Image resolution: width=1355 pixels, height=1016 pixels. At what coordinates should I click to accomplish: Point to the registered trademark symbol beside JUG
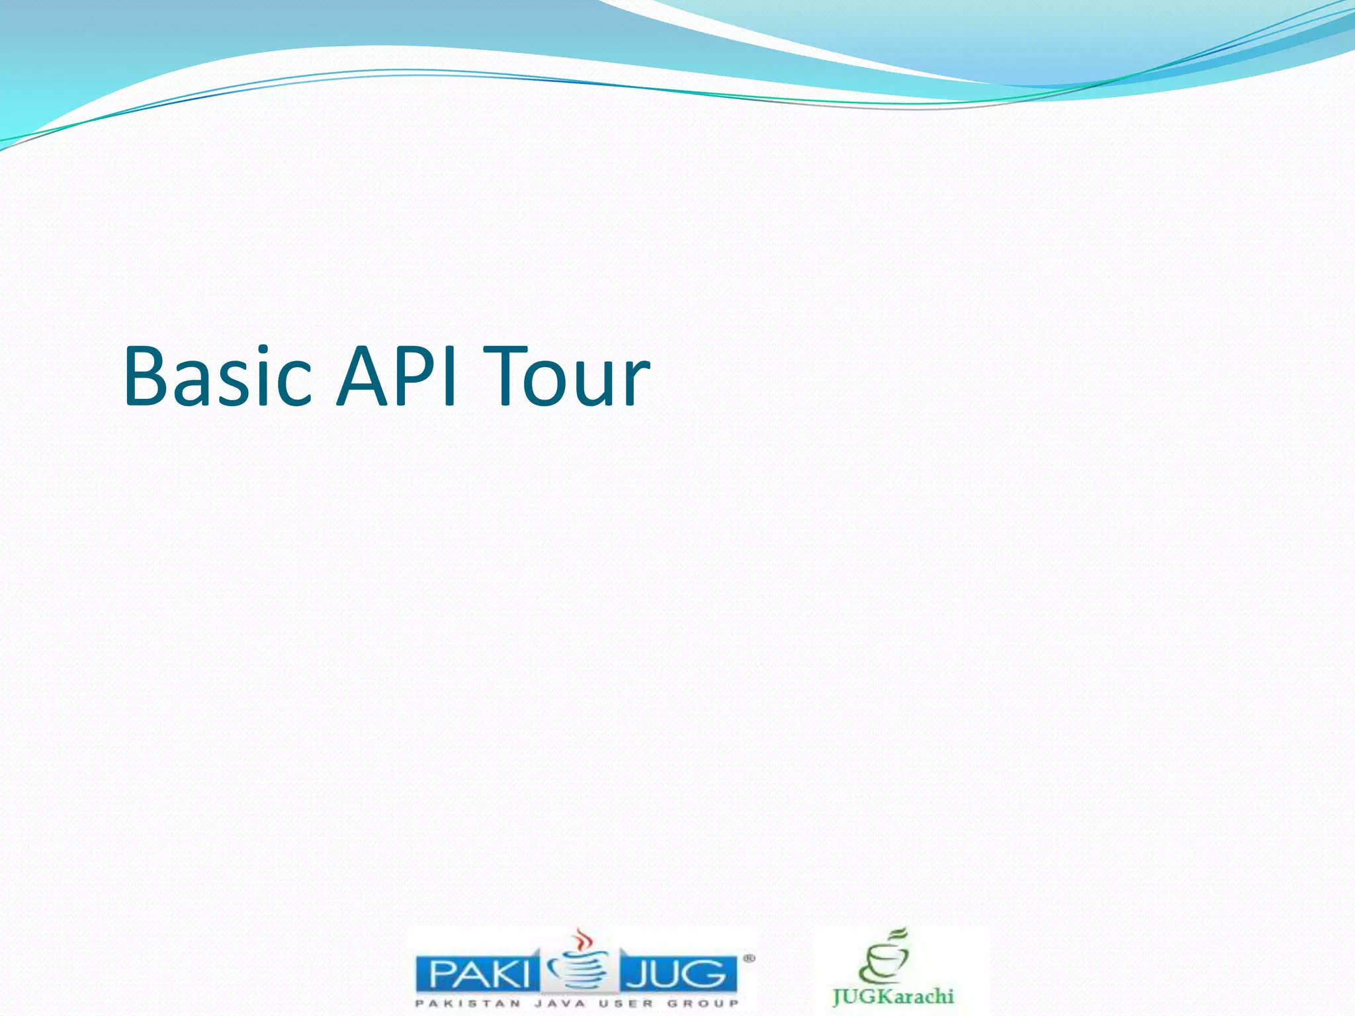click(748, 957)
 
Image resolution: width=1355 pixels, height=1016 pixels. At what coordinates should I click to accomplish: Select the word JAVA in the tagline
click(560, 1003)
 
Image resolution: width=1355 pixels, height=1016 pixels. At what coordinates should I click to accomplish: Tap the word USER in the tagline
click(626, 1003)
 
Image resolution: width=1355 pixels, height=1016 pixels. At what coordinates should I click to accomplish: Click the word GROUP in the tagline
click(703, 1003)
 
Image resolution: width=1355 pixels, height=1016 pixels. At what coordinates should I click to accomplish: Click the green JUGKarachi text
click(893, 996)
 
